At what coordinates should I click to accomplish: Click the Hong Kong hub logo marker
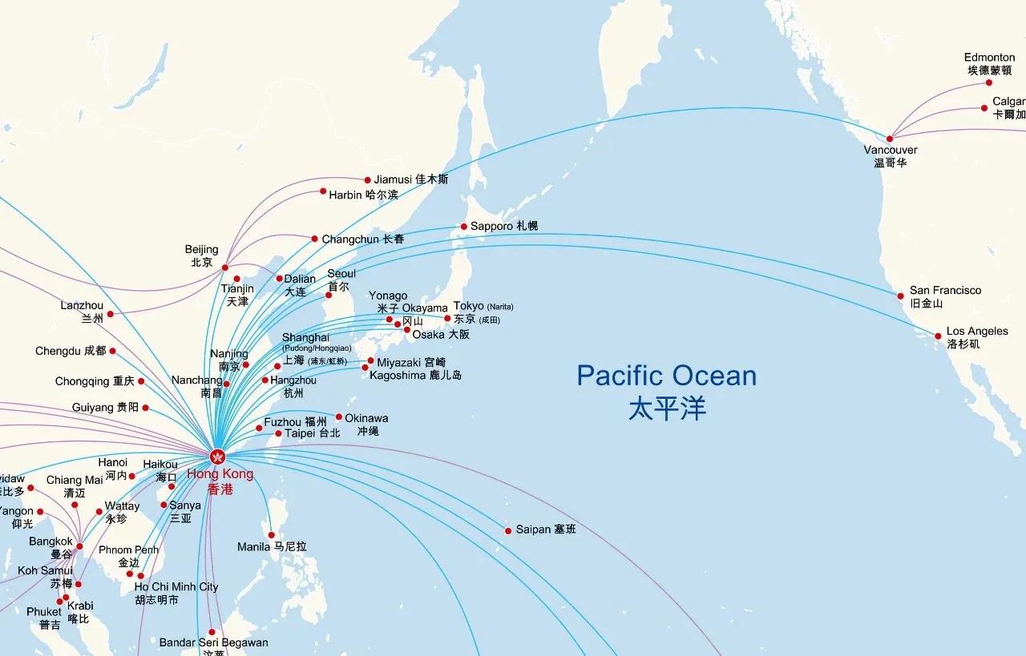point(217,457)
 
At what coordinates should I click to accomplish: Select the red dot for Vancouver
point(889,139)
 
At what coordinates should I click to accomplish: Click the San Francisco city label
point(945,291)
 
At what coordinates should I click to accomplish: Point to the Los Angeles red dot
point(938,336)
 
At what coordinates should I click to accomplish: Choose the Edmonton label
point(989,58)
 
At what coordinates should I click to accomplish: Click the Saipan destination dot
point(507,531)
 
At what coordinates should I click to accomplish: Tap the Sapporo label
point(503,227)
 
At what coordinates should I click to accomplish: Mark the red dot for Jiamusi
point(367,180)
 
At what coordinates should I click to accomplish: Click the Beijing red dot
point(224,268)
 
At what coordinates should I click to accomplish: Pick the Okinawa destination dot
point(338,417)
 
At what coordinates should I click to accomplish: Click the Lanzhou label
point(82,306)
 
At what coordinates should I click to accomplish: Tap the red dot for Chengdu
point(112,351)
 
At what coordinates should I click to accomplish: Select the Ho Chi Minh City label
point(176,587)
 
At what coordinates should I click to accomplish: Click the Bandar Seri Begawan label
point(213,642)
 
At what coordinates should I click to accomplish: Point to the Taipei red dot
point(278,433)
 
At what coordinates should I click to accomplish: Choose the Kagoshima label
point(415,375)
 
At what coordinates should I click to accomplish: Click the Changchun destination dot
point(314,239)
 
